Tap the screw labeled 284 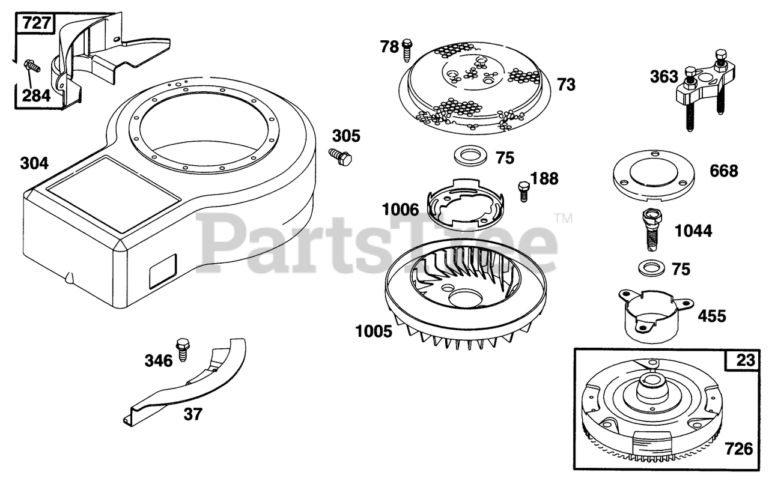31,65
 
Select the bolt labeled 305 341,157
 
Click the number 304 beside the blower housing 34,163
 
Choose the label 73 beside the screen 565,85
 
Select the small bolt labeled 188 523,191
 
